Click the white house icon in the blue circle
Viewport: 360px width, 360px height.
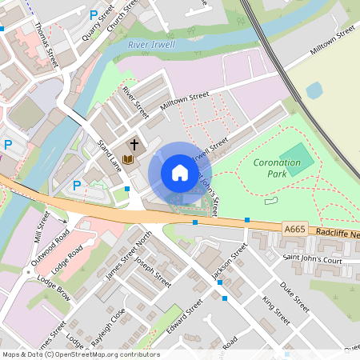(179, 173)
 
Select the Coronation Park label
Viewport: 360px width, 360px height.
(277, 167)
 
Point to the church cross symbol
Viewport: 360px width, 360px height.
(134, 144)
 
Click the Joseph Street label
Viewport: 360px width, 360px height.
(152, 272)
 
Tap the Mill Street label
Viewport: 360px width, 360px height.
(42, 227)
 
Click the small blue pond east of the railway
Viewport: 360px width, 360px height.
(314, 90)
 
